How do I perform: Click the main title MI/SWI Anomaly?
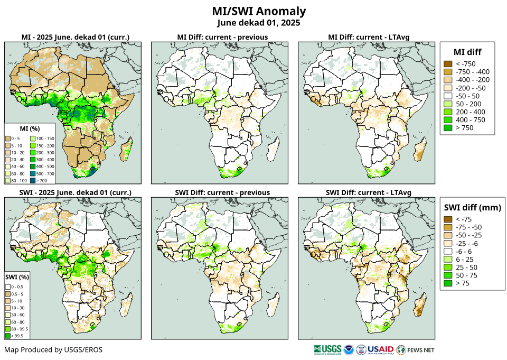[x=258, y=11]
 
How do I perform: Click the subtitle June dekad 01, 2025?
[x=258, y=23]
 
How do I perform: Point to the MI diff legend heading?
[x=467, y=51]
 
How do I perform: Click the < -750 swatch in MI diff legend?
[x=448, y=64]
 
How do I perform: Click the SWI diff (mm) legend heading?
[x=472, y=207]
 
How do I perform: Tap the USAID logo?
[x=381, y=349]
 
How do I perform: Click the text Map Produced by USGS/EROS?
[x=53, y=350]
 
